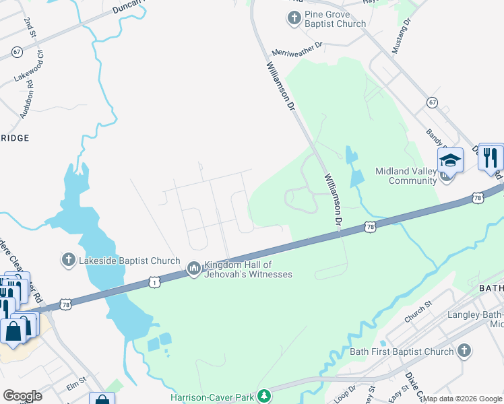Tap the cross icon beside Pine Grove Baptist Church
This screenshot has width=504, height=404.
tap(294, 18)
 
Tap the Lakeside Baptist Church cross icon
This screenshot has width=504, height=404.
tap(68, 260)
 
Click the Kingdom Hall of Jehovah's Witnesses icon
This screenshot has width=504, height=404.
tap(194, 269)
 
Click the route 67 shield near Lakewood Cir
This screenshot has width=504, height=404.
tap(17, 51)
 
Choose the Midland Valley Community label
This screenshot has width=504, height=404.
tap(406, 176)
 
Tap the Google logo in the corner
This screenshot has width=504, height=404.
tap(22, 396)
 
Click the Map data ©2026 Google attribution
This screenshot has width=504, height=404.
tap(462, 399)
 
